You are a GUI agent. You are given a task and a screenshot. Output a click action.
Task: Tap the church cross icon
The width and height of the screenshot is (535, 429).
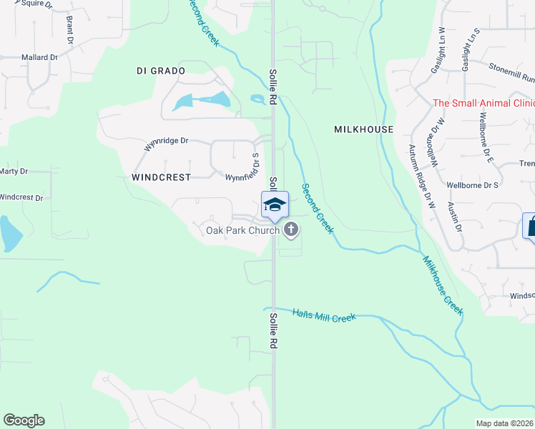point(290,230)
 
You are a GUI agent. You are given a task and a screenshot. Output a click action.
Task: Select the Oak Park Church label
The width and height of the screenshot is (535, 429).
point(242,230)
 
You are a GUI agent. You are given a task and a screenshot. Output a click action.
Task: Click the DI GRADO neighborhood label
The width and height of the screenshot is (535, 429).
point(160,71)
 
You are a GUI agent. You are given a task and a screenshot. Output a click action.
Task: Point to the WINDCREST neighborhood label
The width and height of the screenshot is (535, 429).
point(161,176)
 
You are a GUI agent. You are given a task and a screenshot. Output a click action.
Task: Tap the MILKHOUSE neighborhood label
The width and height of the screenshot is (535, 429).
point(363,129)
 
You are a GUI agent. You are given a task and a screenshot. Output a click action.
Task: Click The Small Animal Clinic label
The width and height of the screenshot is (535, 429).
point(484,103)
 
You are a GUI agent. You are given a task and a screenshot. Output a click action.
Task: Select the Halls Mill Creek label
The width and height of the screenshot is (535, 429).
point(324,315)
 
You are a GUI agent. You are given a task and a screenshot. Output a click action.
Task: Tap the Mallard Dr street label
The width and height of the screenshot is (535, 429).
point(39,57)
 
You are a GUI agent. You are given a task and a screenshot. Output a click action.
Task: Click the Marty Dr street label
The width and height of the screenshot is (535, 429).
point(14,172)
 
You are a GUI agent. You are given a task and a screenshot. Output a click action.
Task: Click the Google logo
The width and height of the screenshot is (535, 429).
point(24,420)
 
